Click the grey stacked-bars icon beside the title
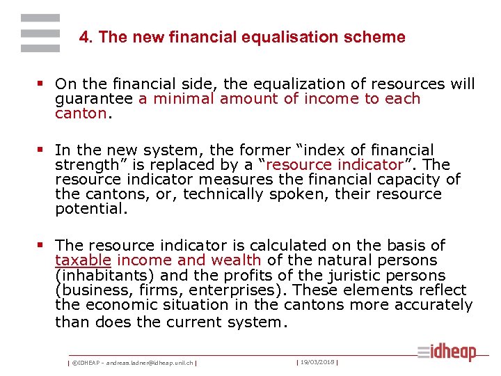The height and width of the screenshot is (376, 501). pos(40,33)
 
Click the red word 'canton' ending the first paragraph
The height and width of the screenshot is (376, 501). pos(81,113)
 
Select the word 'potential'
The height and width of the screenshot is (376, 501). pos(90,208)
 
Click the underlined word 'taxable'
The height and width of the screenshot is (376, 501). pos(83,260)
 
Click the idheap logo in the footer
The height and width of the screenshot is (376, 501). pos(447,352)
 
